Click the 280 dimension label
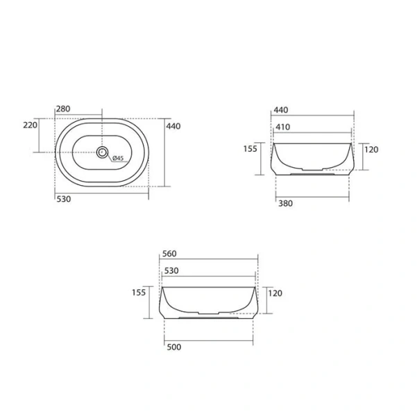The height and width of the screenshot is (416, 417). pyautogui.click(x=64, y=110)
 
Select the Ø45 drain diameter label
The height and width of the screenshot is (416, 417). pyautogui.click(x=117, y=159)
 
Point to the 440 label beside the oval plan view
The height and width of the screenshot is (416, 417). pyautogui.click(x=173, y=126)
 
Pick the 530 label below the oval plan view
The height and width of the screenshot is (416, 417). pyautogui.click(x=63, y=199)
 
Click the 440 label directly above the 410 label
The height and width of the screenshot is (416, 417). pyautogui.click(x=280, y=110)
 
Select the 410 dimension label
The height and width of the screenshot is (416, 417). pyautogui.click(x=283, y=127)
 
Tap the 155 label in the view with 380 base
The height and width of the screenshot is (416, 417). pyautogui.click(x=250, y=149)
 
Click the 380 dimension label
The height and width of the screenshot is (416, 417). pyautogui.click(x=284, y=204)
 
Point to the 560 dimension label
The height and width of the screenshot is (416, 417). pyautogui.click(x=169, y=254)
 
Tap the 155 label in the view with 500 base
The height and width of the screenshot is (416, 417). pyautogui.click(x=138, y=293)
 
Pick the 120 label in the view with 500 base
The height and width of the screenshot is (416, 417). pyautogui.click(x=274, y=293)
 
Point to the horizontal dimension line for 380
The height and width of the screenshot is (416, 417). pyautogui.click(x=312, y=198)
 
